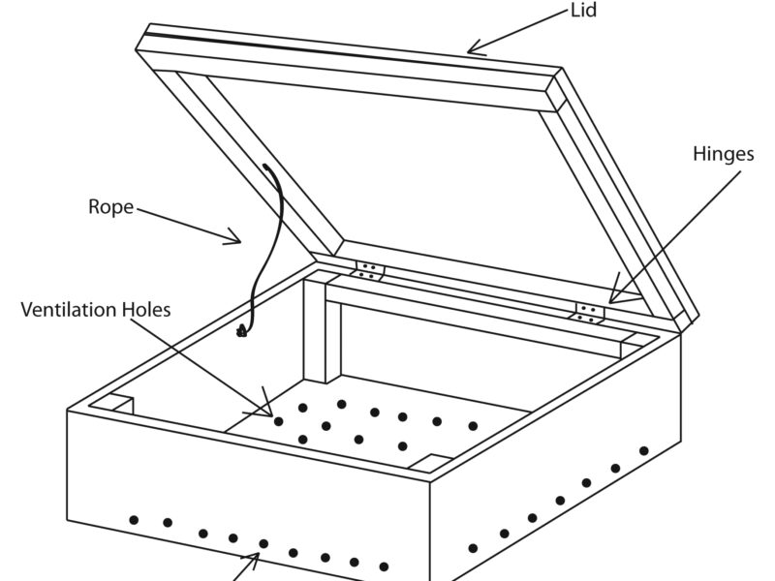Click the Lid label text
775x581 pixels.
[x=584, y=12]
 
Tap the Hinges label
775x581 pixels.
[x=723, y=154]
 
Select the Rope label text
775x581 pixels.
[x=110, y=207]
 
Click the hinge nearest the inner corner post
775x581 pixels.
[x=368, y=270]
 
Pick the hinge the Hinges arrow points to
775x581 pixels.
[x=588, y=312]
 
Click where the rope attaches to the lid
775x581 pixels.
[x=265, y=167]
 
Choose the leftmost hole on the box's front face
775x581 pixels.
[x=134, y=520]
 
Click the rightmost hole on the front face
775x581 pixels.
[x=384, y=566]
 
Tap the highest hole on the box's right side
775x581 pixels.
[x=643, y=450]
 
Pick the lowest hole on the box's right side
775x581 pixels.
[x=473, y=548]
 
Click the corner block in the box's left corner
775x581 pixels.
[x=115, y=403]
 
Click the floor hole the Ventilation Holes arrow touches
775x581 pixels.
[x=279, y=421]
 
